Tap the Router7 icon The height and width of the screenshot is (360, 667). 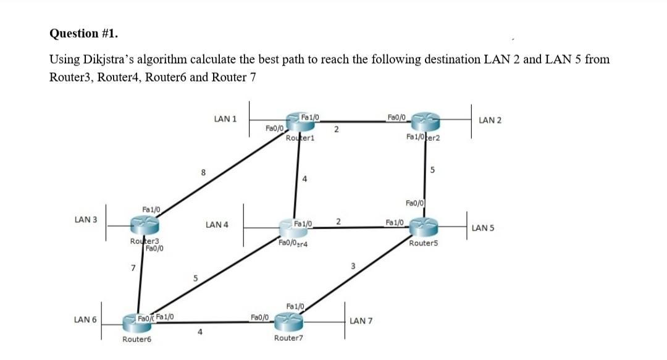pos(289,320)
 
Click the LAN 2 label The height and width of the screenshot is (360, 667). pos(490,120)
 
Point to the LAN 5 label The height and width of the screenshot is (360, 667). pos(483,228)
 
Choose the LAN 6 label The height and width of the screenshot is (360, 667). pos(85,319)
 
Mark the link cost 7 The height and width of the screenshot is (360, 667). pos(132,267)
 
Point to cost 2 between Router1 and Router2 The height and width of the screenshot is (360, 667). pos(335,130)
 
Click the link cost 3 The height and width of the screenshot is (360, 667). pos(353,266)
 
